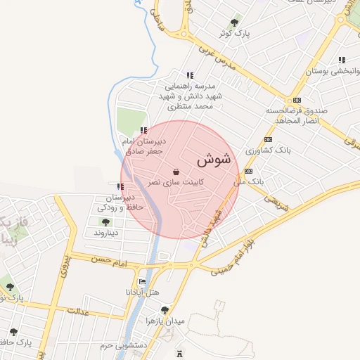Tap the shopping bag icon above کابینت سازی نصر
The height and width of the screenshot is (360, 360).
(x=175, y=171)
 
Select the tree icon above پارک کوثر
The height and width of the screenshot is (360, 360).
(x=236, y=22)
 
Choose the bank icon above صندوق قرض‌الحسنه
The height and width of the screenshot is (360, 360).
(x=297, y=100)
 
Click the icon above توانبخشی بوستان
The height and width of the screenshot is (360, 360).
(x=342, y=60)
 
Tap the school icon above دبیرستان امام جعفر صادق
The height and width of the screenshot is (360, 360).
(x=143, y=130)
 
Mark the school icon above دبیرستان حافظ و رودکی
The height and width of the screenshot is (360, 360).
(x=121, y=186)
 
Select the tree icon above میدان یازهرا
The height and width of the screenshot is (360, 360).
(x=165, y=310)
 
